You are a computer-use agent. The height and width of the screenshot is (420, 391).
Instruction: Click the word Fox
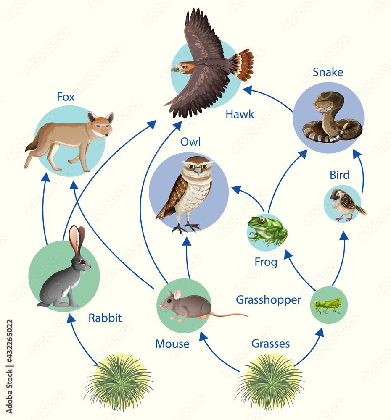click(x=66, y=97)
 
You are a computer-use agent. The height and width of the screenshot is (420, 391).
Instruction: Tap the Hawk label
click(x=240, y=114)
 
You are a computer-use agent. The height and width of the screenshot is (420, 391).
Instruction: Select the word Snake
click(x=328, y=72)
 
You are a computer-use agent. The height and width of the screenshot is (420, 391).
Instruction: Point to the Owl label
click(x=190, y=142)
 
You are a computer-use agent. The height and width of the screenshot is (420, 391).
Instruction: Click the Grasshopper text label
click(x=268, y=300)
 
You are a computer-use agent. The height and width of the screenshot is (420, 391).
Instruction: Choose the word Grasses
click(x=271, y=344)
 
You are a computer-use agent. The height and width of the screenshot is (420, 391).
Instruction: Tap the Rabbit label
click(x=105, y=318)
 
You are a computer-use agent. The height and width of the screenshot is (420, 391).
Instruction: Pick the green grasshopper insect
click(x=328, y=305)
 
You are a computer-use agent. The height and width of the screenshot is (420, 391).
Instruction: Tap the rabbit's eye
click(x=82, y=262)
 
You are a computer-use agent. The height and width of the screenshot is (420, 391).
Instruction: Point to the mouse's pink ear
click(x=177, y=294)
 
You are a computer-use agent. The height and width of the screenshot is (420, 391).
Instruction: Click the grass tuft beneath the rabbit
click(x=119, y=381)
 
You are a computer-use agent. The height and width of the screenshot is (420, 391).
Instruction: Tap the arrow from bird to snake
click(x=362, y=172)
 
